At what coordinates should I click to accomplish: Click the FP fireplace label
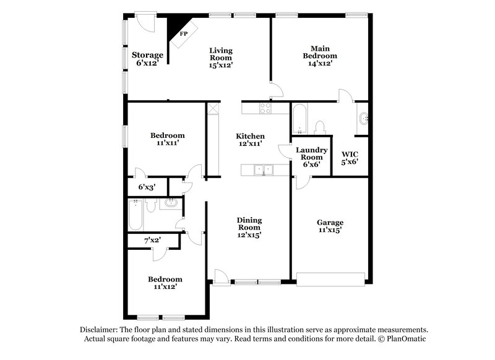(x=183, y=33)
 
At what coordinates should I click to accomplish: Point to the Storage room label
(x=147, y=55)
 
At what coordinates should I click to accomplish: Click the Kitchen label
(x=251, y=136)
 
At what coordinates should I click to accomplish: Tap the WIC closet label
(x=350, y=153)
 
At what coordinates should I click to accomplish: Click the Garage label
(x=330, y=223)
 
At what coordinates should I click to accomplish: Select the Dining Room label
(x=249, y=220)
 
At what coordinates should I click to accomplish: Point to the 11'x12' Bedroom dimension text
(x=165, y=288)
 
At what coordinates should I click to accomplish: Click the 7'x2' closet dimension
(x=152, y=239)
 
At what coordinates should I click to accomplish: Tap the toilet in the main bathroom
(x=320, y=127)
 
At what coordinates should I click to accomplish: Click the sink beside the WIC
(x=363, y=118)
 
